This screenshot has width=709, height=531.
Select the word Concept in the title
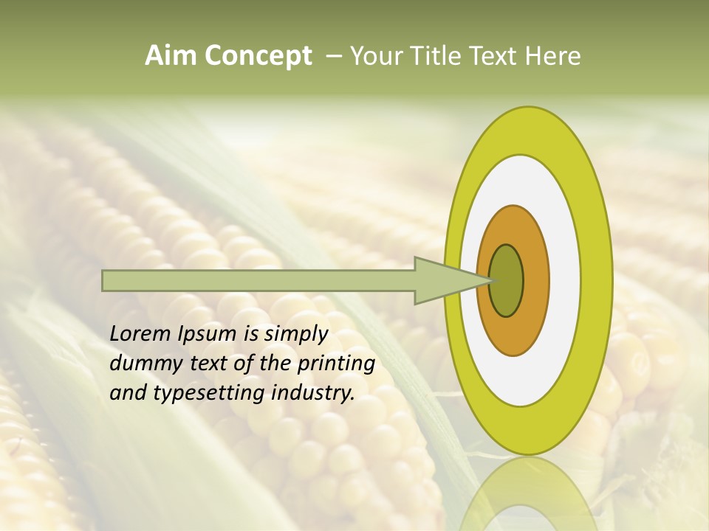(x=258, y=56)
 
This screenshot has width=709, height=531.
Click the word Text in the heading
(x=494, y=56)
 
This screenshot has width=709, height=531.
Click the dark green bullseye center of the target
(x=507, y=280)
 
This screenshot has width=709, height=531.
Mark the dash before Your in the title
(x=333, y=56)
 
